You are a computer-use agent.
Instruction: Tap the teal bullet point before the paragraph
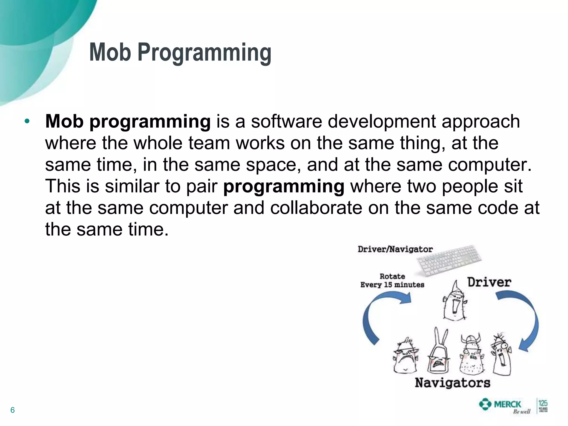27,121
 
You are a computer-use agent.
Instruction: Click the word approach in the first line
481,122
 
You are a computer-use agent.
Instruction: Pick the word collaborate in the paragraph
316,208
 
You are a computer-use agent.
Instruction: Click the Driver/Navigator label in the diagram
395,249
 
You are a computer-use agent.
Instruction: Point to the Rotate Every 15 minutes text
392,281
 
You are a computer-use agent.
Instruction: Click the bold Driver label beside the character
489,282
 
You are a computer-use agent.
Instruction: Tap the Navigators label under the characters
453,383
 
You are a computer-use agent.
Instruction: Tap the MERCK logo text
507,404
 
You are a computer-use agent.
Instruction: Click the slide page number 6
12,410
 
